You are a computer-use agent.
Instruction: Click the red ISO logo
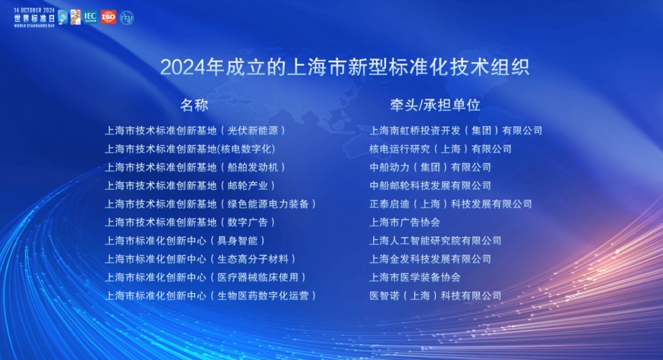pyautogui.click(x=108, y=17)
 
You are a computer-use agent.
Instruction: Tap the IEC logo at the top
pyautogui.click(x=90, y=17)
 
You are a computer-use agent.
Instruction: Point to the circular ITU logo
pyautogui.click(x=126, y=17)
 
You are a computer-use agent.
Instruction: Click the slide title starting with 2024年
pyautogui.click(x=344, y=67)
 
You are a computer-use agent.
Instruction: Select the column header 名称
pyautogui.click(x=194, y=105)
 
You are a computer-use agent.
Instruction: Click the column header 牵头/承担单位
pyautogui.click(x=435, y=105)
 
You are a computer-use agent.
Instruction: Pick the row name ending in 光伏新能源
pyautogui.click(x=195, y=131)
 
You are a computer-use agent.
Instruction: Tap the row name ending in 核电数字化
pyautogui.click(x=190, y=149)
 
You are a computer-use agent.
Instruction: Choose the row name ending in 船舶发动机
pyautogui.click(x=195, y=167)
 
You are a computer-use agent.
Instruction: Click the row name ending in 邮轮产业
pyautogui.click(x=190, y=186)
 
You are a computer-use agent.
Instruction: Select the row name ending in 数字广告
pyautogui.click(x=190, y=222)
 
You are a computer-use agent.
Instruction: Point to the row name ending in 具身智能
pyautogui.click(x=185, y=241)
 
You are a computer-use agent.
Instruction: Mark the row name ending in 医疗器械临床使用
pyautogui.click(x=206, y=277)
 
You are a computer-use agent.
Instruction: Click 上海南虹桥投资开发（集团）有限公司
pyautogui.click(x=456, y=131)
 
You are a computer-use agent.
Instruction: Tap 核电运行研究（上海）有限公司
pyautogui.click(x=440, y=149)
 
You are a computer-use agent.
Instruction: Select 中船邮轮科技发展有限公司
pyautogui.click(x=430, y=186)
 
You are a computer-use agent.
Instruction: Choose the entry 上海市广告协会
pyautogui.click(x=405, y=222)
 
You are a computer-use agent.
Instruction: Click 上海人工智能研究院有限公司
pyautogui.click(x=435, y=241)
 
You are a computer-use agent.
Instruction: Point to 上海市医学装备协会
pyautogui.click(x=415, y=277)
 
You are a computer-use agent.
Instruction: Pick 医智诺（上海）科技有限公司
pyautogui.click(x=435, y=295)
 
